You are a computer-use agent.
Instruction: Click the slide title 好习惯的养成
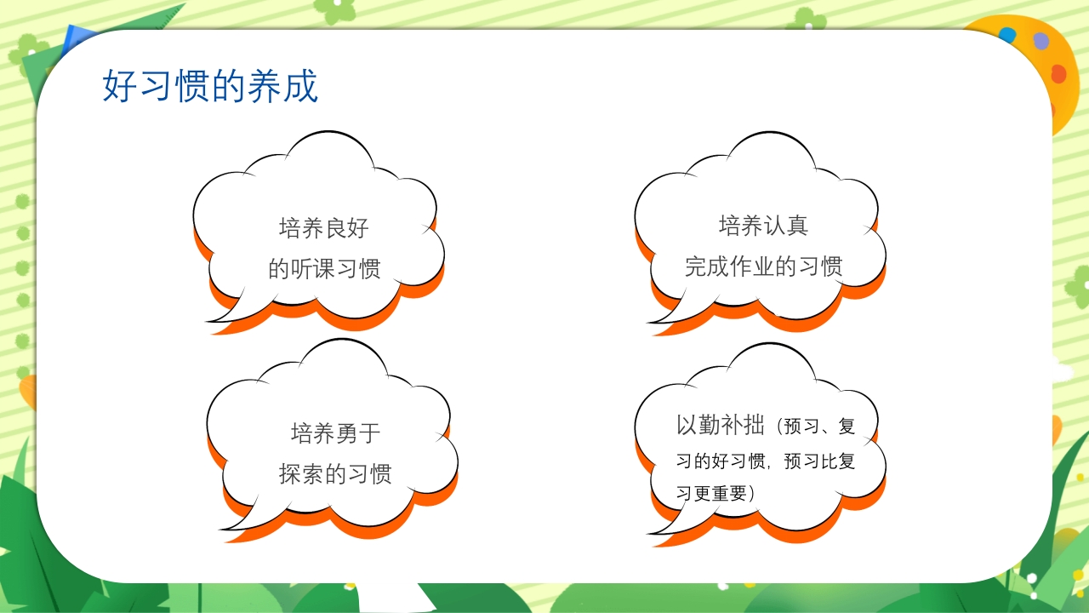[x=210, y=86]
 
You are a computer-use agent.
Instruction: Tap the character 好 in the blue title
[x=119, y=86]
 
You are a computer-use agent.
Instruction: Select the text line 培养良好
[x=324, y=228]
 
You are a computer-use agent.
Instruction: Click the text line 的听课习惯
[x=324, y=269]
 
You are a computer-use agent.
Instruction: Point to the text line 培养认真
[x=763, y=226]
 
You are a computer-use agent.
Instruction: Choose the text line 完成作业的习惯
[x=763, y=266]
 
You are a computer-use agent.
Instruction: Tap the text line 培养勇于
[x=336, y=433]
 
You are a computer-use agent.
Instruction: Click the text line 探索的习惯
[x=335, y=474]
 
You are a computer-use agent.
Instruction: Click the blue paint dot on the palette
[x=1007, y=36]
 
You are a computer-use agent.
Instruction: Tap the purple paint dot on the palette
[x=1041, y=41]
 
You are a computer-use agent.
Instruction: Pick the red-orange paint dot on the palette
[x=1058, y=74]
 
